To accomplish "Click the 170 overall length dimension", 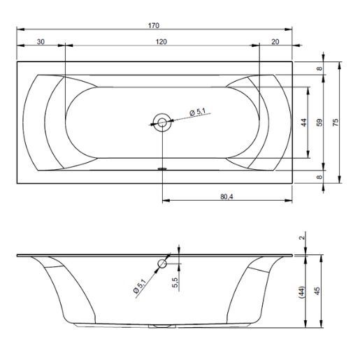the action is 154,25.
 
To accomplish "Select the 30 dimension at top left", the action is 41,42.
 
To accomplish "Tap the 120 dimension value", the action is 161,42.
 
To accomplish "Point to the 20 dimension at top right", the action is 275,42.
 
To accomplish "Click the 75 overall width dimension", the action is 335,122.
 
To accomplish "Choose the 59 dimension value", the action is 320,122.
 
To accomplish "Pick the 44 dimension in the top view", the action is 304,122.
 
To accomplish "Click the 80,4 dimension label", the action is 226,197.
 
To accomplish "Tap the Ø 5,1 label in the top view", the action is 198,112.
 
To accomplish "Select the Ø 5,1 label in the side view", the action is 139,286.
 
